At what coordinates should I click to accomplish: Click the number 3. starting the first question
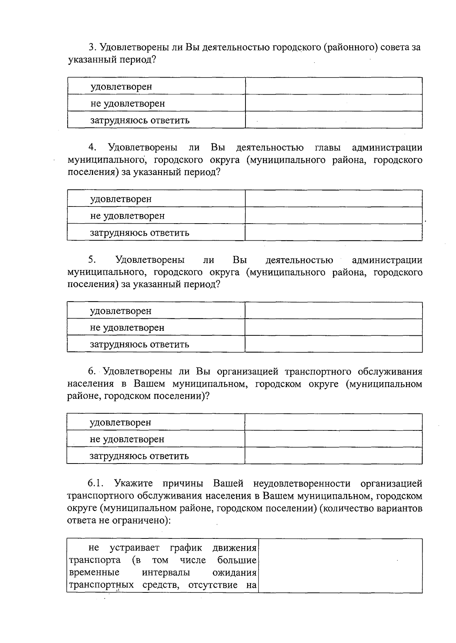coord(93,48)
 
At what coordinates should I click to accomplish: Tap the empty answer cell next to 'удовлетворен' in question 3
coord(334,86)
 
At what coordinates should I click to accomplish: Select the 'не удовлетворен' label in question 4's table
coord(127,216)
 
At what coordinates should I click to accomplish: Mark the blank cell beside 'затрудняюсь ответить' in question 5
coord(334,344)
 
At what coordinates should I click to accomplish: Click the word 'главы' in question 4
coord(328,148)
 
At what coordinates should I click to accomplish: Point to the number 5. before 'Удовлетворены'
coord(92,260)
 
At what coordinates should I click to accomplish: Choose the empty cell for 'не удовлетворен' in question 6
coord(334,439)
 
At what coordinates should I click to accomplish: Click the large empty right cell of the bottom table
coord(340,565)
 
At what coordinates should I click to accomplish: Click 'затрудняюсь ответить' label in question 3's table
coord(140,120)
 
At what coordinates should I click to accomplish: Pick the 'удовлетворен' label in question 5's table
coord(120,311)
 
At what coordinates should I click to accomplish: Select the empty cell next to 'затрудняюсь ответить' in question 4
coord(334,232)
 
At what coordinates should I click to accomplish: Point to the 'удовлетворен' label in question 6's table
coord(120,422)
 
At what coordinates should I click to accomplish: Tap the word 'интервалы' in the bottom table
coord(166,573)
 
